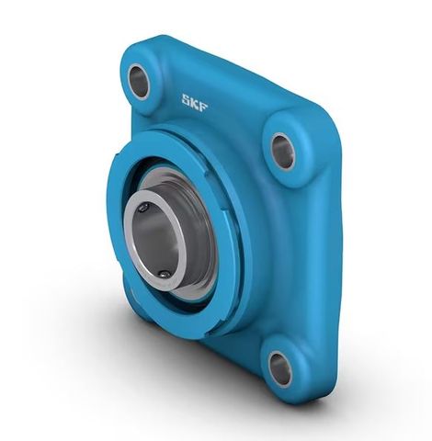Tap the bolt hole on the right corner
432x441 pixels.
pyautogui.click(x=283, y=152)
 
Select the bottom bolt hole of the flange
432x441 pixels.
pyautogui.click(x=280, y=367)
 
